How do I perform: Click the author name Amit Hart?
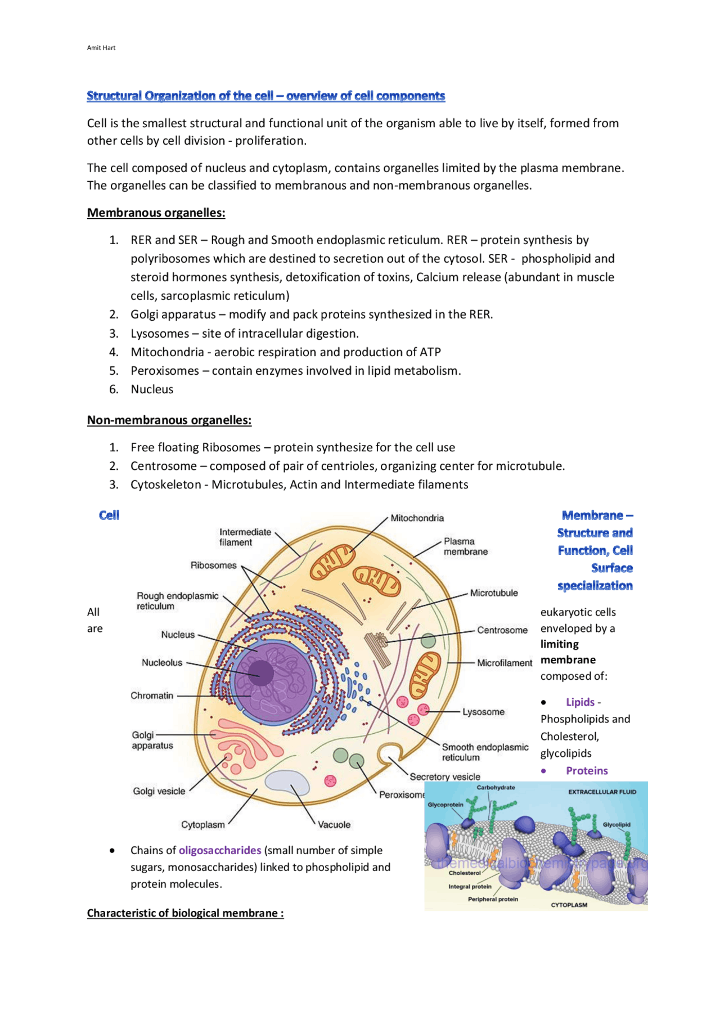coord(101,48)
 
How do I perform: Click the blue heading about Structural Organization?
coord(265,96)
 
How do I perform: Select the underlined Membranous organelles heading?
coord(156,213)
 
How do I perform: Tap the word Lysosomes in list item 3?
coord(160,334)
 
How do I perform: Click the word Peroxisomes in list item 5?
coord(165,371)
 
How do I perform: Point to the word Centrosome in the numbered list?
coord(164,466)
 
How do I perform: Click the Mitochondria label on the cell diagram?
coord(417,518)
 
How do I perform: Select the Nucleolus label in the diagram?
coord(162,663)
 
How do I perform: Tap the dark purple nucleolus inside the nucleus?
coord(261,672)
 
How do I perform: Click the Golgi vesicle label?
coord(159,791)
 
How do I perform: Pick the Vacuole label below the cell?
coord(334,825)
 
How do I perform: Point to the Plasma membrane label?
coord(465,546)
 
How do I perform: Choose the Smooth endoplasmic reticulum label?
coord(485,752)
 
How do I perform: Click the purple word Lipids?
coord(580,702)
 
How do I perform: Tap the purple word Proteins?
coord(587,771)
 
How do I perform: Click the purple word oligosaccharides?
coord(220,850)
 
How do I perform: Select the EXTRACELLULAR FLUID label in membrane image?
coord(602,792)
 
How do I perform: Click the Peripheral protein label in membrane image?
coord(493,899)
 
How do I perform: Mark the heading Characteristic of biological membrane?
coord(185,913)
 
